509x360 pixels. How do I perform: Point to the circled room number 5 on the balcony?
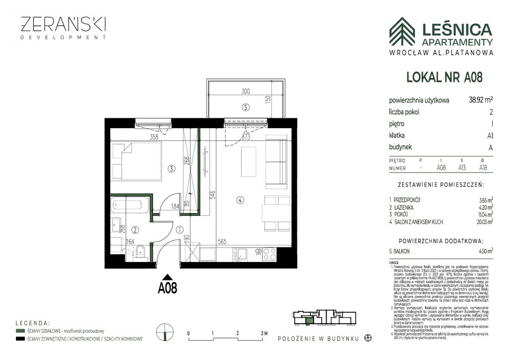(246, 106)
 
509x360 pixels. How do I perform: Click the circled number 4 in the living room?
(240, 200)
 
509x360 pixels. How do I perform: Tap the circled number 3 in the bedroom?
(171, 169)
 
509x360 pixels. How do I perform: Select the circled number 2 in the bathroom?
(135, 230)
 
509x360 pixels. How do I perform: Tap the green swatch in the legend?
(20, 331)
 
